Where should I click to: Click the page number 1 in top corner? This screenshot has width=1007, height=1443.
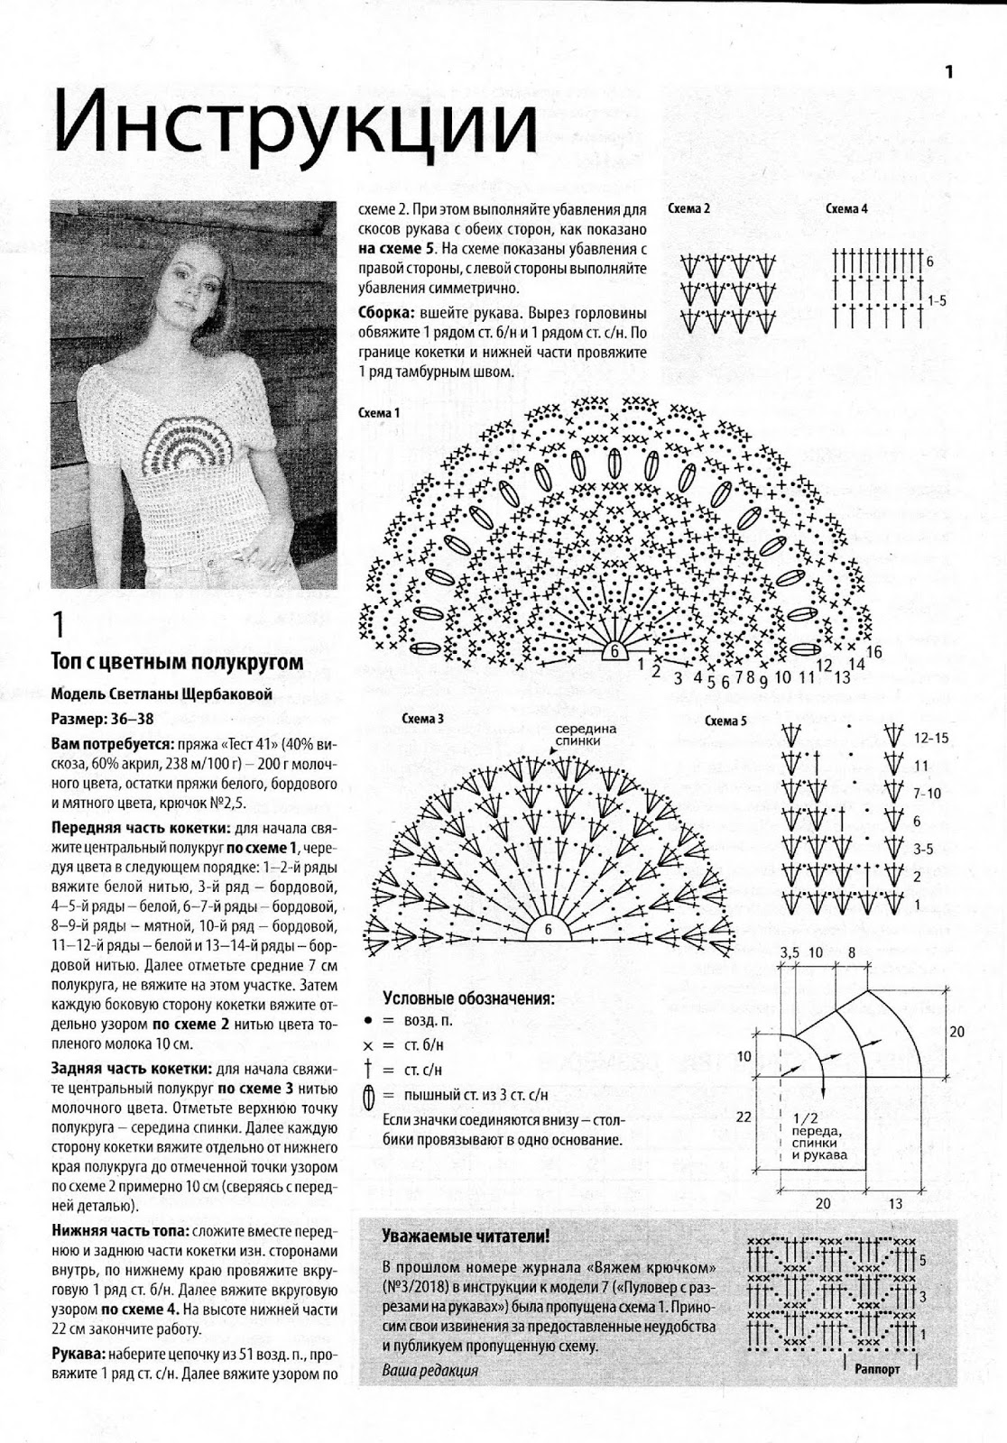click(949, 72)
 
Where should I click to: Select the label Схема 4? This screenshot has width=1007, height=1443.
click(846, 209)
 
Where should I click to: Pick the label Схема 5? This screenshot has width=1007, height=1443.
click(725, 721)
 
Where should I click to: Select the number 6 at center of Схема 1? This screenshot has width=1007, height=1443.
click(614, 650)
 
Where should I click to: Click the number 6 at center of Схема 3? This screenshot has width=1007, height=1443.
click(547, 930)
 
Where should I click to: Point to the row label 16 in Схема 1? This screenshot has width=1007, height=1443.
click(873, 651)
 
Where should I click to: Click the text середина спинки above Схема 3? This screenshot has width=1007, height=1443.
click(585, 734)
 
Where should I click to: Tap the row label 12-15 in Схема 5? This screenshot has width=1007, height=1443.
click(931, 738)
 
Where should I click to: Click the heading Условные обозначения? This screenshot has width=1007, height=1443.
click(468, 998)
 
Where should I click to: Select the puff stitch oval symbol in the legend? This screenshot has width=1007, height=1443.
click(367, 1097)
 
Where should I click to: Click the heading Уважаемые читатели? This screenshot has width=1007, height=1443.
click(466, 1236)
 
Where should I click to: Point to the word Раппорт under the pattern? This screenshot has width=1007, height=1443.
click(876, 1368)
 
